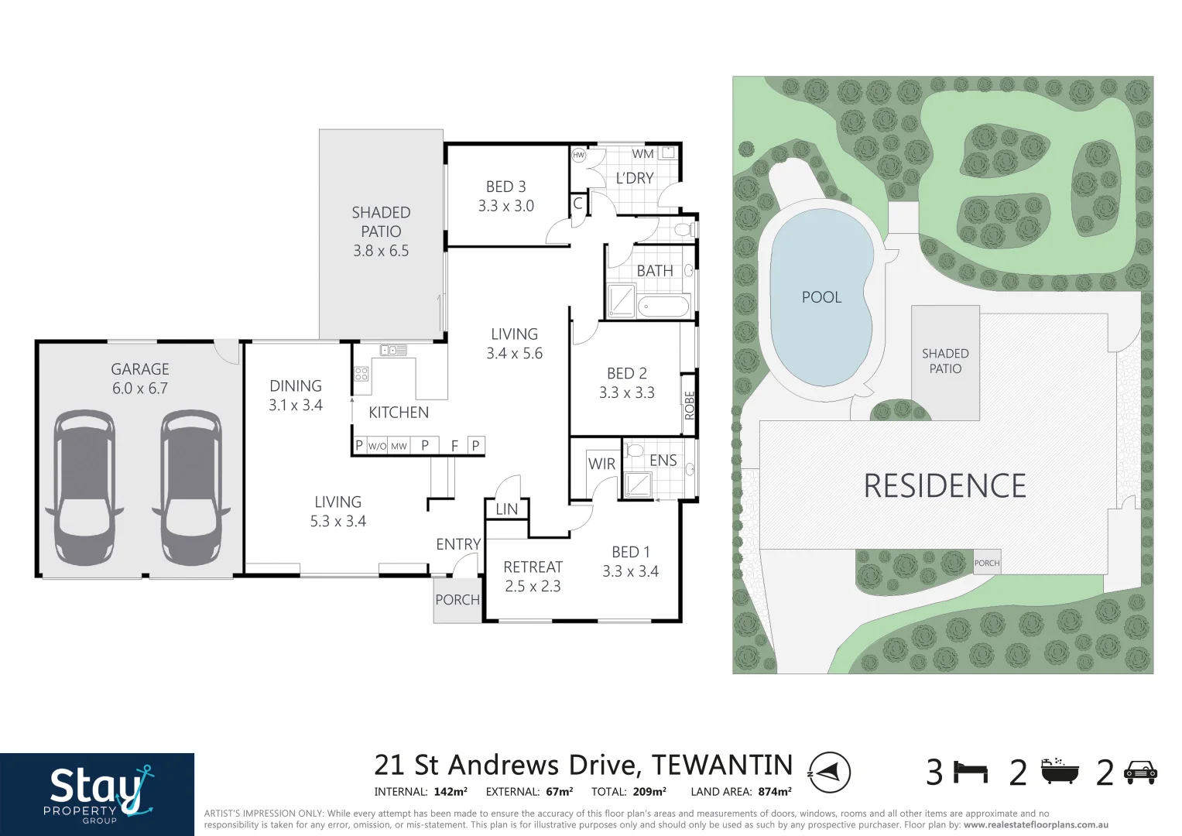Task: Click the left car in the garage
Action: [x=84, y=488]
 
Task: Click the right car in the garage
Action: [x=191, y=488]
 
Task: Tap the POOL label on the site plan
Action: [x=821, y=297]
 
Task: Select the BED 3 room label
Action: [x=505, y=187]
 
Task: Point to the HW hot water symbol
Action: [x=578, y=155]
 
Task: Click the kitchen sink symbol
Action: [x=393, y=351]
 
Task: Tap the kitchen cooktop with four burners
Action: [x=361, y=374]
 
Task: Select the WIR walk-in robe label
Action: [x=601, y=464]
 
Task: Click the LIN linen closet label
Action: [x=506, y=509]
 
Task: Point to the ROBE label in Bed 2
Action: [x=689, y=406]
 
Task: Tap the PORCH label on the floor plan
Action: [x=457, y=600]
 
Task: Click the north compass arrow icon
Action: [x=829, y=772]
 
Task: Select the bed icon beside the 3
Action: [x=971, y=772]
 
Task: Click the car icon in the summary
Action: [x=1140, y=772]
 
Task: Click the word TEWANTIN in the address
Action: [x=721, y=766]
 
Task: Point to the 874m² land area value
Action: [x=774, y=792]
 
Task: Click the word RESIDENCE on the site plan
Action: [x=944, y=486]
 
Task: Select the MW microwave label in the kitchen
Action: [x=399, y=447]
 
